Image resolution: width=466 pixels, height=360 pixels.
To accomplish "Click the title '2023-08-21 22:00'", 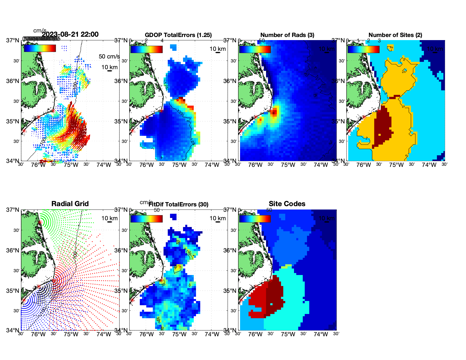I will [70, 34].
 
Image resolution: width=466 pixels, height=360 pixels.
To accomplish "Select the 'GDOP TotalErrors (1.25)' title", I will [178, 35].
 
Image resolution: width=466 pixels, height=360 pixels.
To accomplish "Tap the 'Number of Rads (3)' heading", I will [287, 35].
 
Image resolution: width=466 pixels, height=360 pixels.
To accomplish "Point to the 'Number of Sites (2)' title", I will [395, 35].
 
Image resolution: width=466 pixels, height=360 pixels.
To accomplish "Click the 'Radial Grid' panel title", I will [70, 204].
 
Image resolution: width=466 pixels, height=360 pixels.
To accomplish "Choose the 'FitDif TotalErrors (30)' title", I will [178, 204].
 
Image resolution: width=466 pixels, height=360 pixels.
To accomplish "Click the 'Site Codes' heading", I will [287, 204].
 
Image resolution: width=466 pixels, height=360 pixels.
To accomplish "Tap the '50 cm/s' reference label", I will [109, 56].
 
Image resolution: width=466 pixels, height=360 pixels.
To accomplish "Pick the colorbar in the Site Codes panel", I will [255, 219].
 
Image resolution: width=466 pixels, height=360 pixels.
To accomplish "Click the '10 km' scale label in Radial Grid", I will [109, 218].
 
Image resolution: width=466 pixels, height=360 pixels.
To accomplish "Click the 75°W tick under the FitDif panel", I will [179, 334].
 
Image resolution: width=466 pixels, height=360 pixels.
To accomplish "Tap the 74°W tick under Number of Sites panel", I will [429, 165].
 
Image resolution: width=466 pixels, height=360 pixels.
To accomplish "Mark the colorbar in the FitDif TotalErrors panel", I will [146, 219].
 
